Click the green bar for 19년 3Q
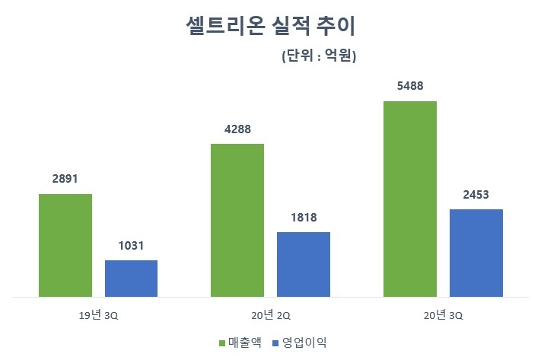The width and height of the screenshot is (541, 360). click(65, 245)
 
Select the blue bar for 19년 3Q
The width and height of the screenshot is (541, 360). click(131, 278)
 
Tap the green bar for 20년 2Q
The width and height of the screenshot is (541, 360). click(237, 219)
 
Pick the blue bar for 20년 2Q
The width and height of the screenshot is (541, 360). click(303, 263)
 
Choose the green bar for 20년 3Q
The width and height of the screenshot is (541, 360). click(409, 198)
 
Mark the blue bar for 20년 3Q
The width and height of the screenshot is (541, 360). click(476, 252)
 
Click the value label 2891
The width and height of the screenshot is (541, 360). click(65, 180)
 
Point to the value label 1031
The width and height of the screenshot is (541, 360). click(131, 246)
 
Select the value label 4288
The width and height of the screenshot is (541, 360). click(237, 129)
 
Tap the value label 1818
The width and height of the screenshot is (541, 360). click(303, 218)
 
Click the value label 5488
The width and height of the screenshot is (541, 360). click(409, 86)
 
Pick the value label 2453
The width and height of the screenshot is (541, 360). click(476, 195)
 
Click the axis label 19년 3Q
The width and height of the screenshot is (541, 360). click(97, 314)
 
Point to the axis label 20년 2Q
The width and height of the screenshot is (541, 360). click(270, 314)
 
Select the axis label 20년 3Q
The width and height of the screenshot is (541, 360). click(443, 314)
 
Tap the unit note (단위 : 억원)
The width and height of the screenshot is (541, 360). click(319, 56)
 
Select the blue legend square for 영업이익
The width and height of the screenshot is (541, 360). click(277, 343)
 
